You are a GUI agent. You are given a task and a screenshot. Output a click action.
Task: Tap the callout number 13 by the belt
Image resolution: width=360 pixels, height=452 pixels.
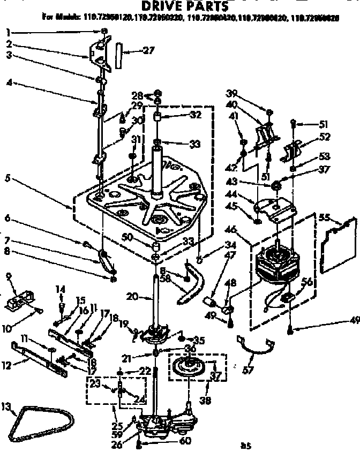(6, 408)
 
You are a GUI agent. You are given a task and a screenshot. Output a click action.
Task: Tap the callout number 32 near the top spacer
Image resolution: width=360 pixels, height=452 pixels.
(182, 115)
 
